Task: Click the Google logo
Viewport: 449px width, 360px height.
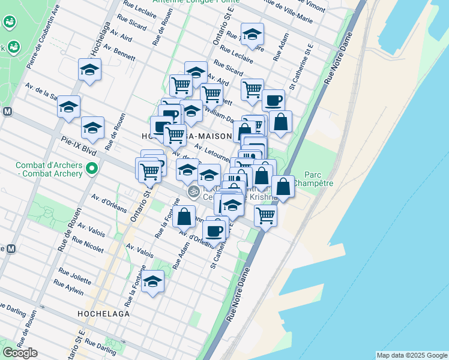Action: [x=20, y=353]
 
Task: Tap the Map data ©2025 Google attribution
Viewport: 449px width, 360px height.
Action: [x=412, y=355]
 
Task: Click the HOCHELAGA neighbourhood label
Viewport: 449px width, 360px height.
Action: [x=103, y=313]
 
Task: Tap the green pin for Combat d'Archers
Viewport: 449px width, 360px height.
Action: [x=91, y=169]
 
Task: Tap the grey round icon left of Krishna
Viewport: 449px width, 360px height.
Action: [x=193, y=192]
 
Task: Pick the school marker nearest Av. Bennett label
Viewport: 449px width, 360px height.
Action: [x=89, y=70]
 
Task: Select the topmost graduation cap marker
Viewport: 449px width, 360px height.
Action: [x=252, y=34]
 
